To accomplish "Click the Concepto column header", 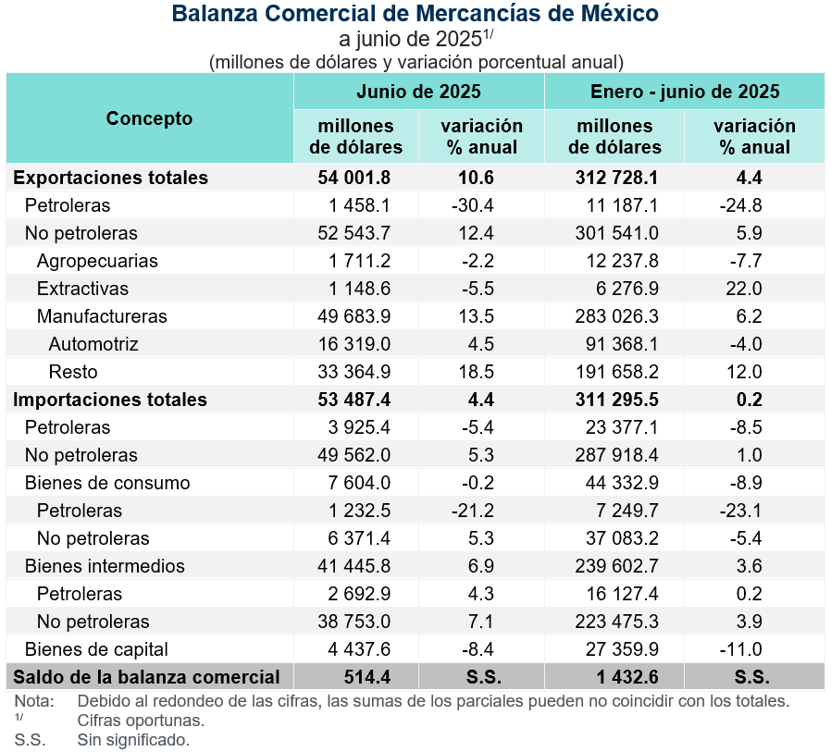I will pyautogui.click(x=149, y=118).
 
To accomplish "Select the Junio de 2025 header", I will pyautogui.click(x=418, y=92).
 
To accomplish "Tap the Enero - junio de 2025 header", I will pyautogui.click(x=684, y=92).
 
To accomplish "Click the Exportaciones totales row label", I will pyautogui.click(x=111, y=178).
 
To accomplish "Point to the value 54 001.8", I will pyautogui.click(x=355, y=178).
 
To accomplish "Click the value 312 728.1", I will pyautogui.click(x=614, y=178).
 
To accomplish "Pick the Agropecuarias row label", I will pyautogui.click(x=97, y=261).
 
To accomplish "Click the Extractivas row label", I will pyautogui.click(x=82, y=289).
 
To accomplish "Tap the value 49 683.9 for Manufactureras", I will pyautogui.click(x=355, y=316).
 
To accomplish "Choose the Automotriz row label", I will pyautogui.click(x=93, y=344).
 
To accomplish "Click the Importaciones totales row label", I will pyautogui.click(x=110, y=400).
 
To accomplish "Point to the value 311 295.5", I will pyautogui.click(x=614, y=400).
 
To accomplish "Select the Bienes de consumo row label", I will pyautogui.click(x=107, y=483).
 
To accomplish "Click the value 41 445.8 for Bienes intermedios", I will pyautogui.click(x=355, y=566).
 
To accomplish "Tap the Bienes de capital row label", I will pyautogui.click(x=96, y=649).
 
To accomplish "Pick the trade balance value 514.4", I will pyautogui.click(x=355, y=677).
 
